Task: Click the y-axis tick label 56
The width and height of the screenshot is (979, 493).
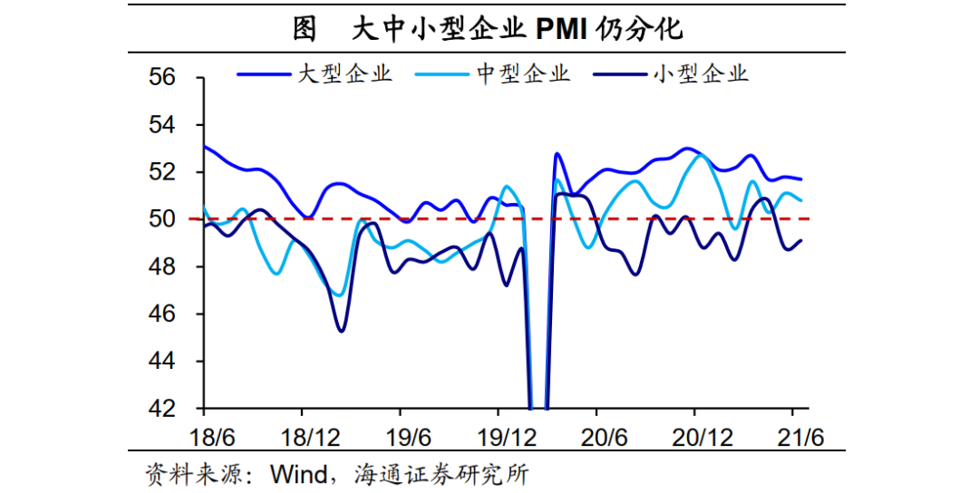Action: click(x=162, y=78)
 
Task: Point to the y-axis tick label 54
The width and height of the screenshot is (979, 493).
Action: click(x=162, y=125)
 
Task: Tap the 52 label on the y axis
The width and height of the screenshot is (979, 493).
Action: click(x=162, y=172)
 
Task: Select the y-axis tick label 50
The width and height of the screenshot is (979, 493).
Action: click(x=162, y=219)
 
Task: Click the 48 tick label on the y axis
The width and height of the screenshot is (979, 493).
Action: click(x=162, y=266)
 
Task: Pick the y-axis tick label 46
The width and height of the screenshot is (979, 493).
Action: click(x=162, y=314)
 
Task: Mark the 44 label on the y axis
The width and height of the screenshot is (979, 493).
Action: click(x=162, y=362)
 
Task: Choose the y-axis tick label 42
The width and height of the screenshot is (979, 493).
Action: click(x=162, y=409)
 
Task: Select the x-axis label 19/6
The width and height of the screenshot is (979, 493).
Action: click(x=409, y=437)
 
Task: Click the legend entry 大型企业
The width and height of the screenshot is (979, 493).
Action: click(x=345, y=73)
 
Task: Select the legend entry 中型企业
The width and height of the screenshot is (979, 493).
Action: click(x=524, y=73)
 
